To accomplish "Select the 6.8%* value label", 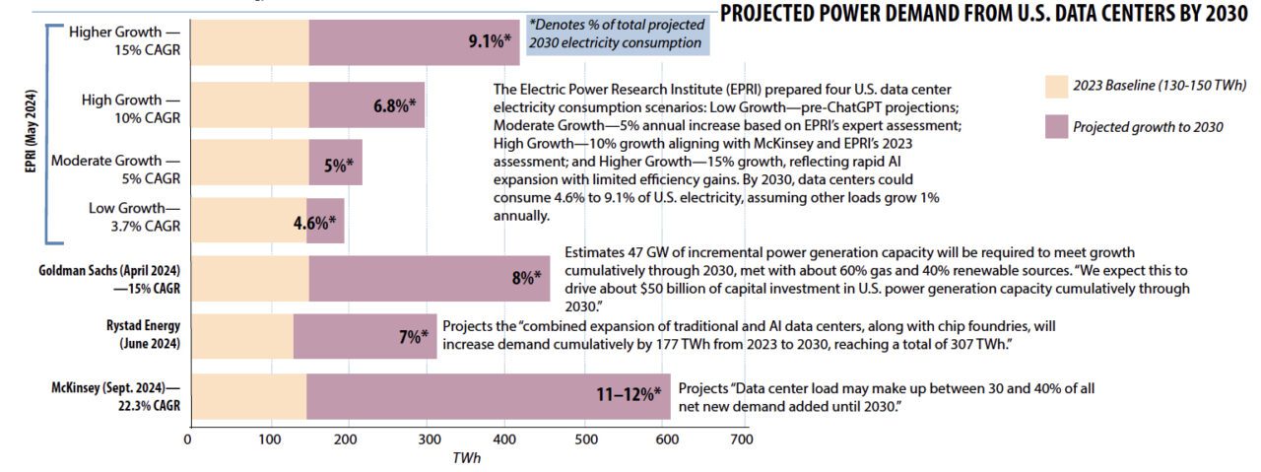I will (394, 105).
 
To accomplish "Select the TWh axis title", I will (466, 458).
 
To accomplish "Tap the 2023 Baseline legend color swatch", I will (1056, 87).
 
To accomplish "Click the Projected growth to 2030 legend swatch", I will (1056, 126).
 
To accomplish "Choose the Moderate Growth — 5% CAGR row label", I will (116, 169).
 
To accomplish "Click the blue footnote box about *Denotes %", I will (616, 34).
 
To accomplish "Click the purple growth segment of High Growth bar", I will (366, 105).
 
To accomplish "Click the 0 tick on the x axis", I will (188, 438).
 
